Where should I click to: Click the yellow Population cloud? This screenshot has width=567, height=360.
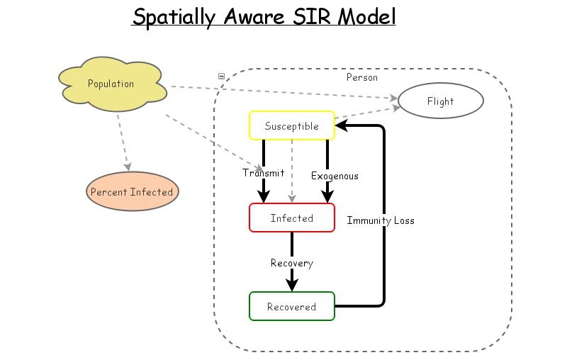[x=111, y=84]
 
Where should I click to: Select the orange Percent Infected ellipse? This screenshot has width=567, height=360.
[x=131, y=192]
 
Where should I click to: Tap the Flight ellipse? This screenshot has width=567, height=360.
[x=440, y=101]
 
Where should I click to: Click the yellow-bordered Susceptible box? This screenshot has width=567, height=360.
[x=291, y=126]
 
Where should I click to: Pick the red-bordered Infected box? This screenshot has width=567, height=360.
[x=291, y=218]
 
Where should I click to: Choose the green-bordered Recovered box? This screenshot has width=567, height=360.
[x=291, y=306]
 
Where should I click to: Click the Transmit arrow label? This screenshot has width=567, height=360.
[x=263, y=173]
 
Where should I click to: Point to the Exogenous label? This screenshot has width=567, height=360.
[x=335, y=176]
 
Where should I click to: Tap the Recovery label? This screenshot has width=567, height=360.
[x=291, y=263]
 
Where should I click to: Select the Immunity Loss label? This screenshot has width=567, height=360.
[x=381, y=220]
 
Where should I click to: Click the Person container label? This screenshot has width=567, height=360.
[x=361, y=77]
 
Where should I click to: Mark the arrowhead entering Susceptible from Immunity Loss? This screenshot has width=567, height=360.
[x=341, y=126]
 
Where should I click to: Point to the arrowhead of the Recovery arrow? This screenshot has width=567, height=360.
[x=291, y=285]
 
